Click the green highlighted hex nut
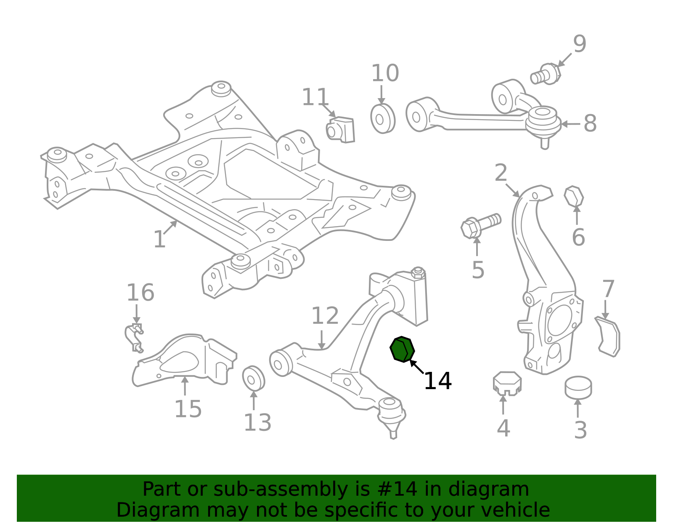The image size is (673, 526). (402, 349)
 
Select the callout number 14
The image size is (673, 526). (437, 381)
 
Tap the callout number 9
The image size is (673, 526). (580, 44)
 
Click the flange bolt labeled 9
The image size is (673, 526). (546, 74)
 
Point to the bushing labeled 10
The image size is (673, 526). (383, 119)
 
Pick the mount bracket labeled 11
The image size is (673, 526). (340, 130)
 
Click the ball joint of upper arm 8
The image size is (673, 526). (543, 125)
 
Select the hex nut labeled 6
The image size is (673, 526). (574, 197)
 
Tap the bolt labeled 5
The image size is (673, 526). (480, 226)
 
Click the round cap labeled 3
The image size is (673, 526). (578, 388)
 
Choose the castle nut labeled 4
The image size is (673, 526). (507, 384)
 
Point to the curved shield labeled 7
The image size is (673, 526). (608, 336)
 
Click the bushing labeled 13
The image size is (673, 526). (253, 379)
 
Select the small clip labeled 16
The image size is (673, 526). (135, 338)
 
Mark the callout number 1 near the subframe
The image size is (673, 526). (160, 239)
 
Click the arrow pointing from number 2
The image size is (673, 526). (513, 190)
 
